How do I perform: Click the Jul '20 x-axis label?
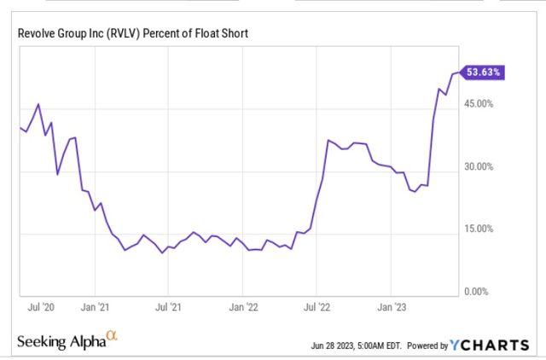coord(44,305)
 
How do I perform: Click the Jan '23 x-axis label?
coord(392,305)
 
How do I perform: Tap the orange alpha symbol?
coord(110,337)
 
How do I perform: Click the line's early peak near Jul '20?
coord(38,104)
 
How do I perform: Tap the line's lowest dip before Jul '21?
coord(162,253)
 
